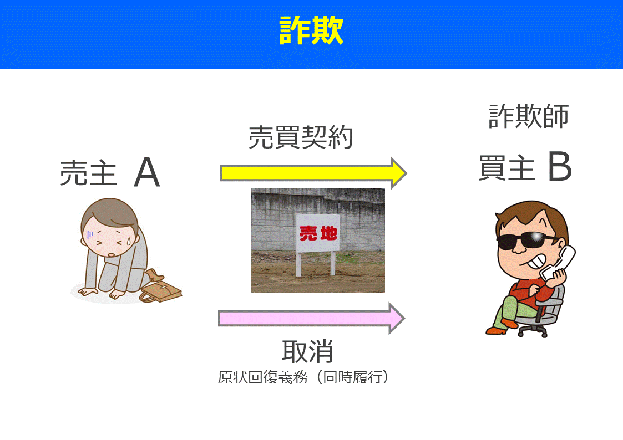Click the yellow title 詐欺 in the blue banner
coord(311,31)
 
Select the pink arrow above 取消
coord(311,318)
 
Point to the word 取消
coord(307,350)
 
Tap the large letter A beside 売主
coord(146,172)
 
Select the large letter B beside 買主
coord(559,167)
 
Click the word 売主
coord(88,173)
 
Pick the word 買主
coord(506,167)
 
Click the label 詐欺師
coord(528,116)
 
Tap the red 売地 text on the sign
coord(318,233)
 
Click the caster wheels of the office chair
coord(533,331)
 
